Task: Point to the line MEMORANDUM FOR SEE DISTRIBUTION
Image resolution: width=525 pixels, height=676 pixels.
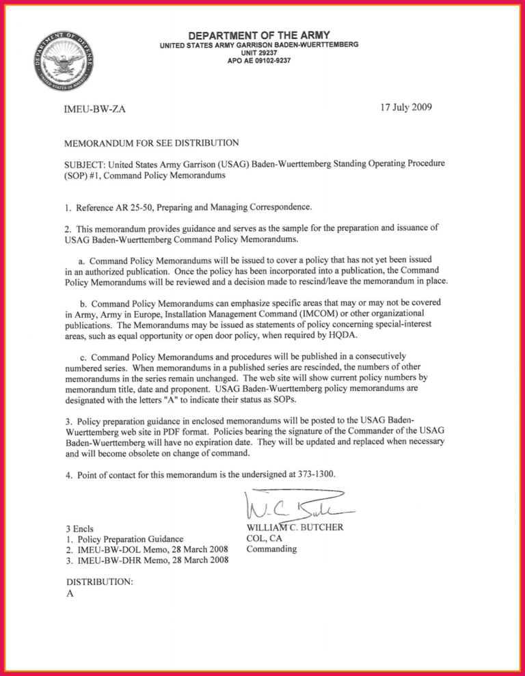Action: [x=151, y=143]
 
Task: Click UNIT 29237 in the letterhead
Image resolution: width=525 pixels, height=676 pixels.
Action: [x=259, y=53]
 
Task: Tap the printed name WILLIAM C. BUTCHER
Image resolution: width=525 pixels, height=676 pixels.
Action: [x=295, y=528]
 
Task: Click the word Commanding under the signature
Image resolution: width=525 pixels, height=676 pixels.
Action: [x=271, y=548]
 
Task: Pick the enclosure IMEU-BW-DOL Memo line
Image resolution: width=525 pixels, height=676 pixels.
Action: [x=146, y=550]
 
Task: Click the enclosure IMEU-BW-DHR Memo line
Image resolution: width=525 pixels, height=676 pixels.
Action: [x=146, y=560]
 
